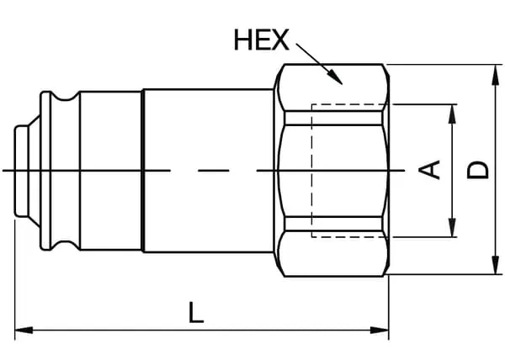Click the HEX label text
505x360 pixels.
(261, 40)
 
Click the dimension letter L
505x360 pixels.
(196, 312)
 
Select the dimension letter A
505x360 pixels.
(429, 170)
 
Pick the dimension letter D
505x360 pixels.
(478, 170)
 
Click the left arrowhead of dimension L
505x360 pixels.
(24, 330)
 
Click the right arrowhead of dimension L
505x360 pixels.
(380, 330)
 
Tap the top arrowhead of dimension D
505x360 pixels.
(496, 75)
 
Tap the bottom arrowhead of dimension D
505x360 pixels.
(496, 265)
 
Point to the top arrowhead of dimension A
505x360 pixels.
(453, 114)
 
